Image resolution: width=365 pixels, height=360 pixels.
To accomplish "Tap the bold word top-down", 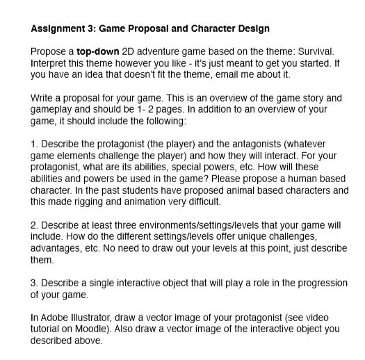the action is click(97, 51).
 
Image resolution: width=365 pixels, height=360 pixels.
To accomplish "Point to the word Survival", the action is click(316, 51).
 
